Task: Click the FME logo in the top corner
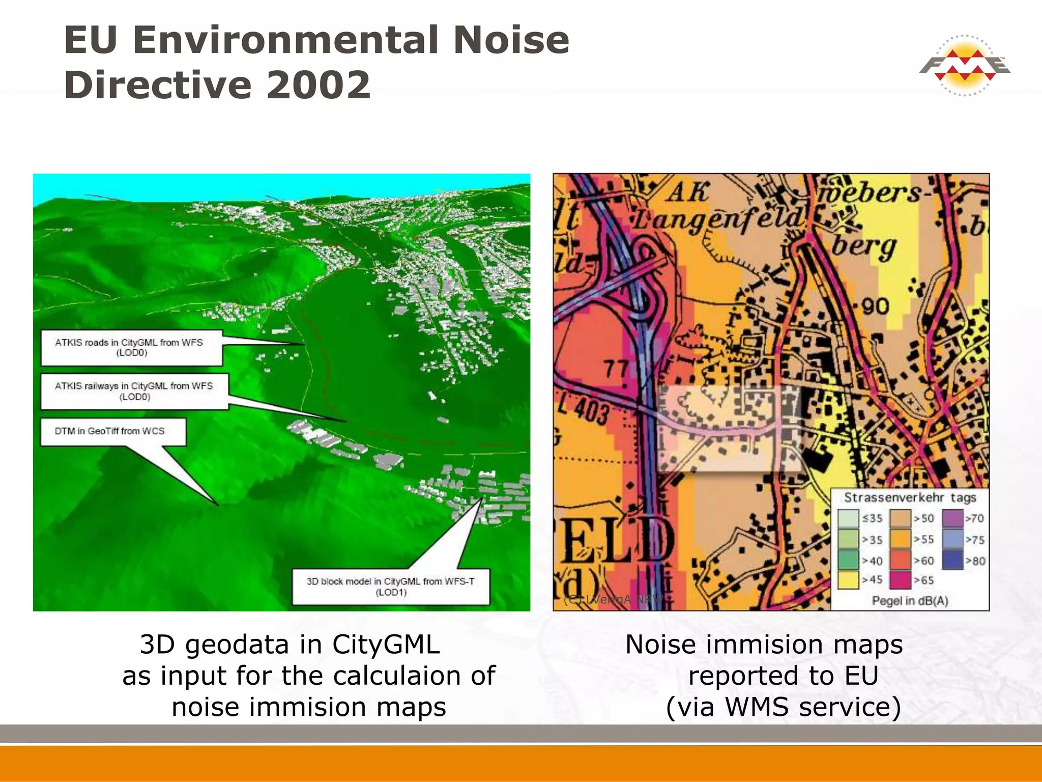[964, 66]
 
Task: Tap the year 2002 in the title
[319, 85]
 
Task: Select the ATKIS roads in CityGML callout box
[131, 348]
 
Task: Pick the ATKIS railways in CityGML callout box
[134, 391]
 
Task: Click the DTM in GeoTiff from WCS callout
[113, 432]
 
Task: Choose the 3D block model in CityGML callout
[391, 586]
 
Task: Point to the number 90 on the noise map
[876, 306]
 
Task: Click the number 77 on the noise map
[616, 368]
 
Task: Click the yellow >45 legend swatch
[848, 580]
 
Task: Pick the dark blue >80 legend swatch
[953, 561]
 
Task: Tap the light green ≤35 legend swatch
[848, 518]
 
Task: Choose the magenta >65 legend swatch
[900, 580]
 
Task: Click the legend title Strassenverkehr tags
[910, 497]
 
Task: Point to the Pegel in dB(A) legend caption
[910, 601]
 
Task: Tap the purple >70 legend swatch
[953, 518]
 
